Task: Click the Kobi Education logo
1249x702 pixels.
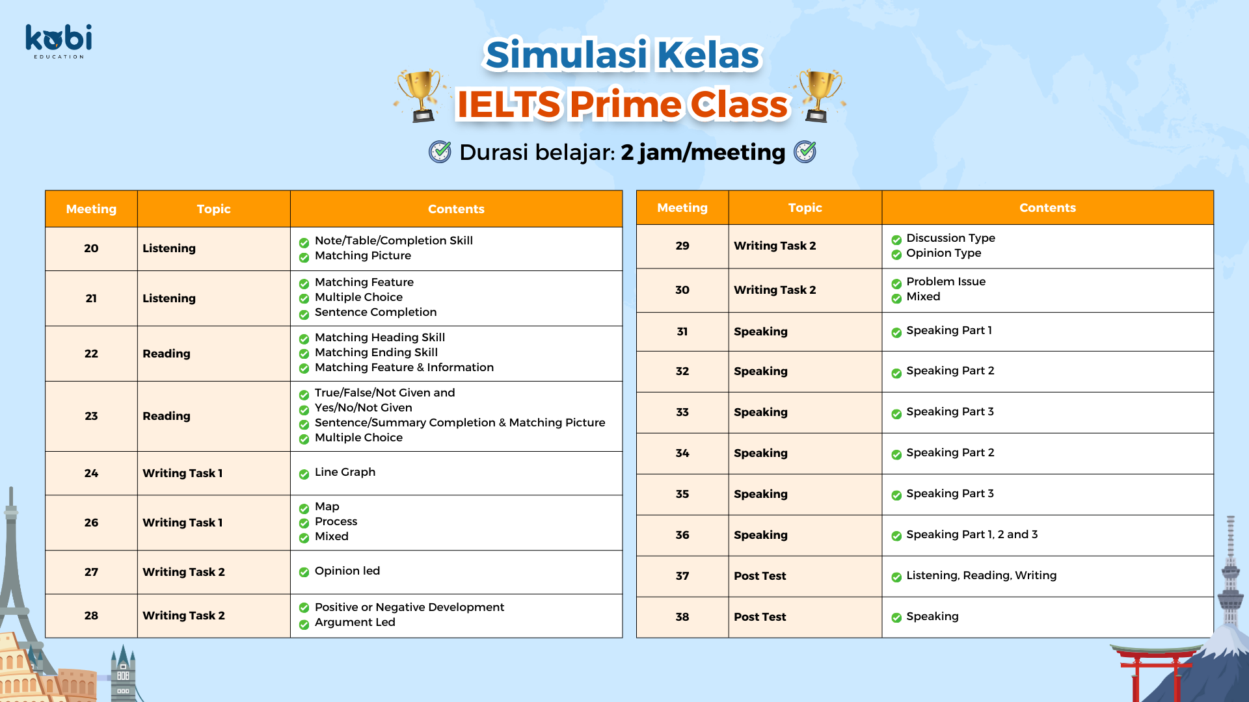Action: point(59,41)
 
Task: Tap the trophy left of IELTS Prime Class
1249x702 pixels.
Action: point(421,96)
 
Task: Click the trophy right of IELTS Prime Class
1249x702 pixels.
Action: point(819,96)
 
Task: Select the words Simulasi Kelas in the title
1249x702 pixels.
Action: point(623,55)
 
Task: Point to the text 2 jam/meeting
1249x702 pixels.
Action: point(703,152)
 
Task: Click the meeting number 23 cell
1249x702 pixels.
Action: point(91,416)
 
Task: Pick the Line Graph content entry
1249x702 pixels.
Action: point(345,472)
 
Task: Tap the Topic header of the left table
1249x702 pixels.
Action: point(213,209)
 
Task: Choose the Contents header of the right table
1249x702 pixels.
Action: point(1047,207)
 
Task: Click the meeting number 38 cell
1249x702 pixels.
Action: point(682,617)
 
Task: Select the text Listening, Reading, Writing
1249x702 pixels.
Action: point(981,575)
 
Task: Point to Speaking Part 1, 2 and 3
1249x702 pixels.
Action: point(972,534)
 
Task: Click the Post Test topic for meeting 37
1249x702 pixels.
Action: point(760,576)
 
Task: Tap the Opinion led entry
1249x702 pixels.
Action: point(347,571)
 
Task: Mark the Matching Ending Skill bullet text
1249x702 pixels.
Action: point(376,352)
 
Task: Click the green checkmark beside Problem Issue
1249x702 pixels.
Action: point(896,283)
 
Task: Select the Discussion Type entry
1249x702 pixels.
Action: point(950,238)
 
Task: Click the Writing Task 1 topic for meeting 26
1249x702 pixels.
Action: point(182,523)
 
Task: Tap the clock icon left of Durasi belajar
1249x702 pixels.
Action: point(440,152)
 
